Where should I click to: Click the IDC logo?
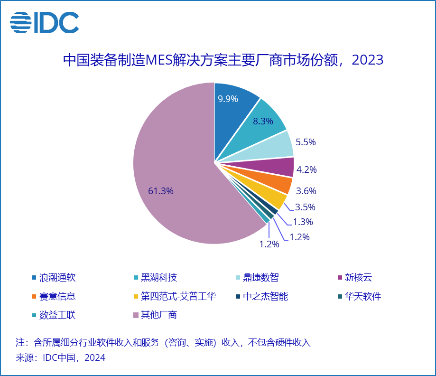pos(44,22)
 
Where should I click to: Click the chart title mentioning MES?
pos(223,60)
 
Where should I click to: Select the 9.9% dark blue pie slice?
pos(232,109)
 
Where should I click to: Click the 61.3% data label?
pos(161,191)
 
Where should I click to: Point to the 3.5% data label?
pos(305,207)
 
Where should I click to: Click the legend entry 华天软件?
pos(363,297)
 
